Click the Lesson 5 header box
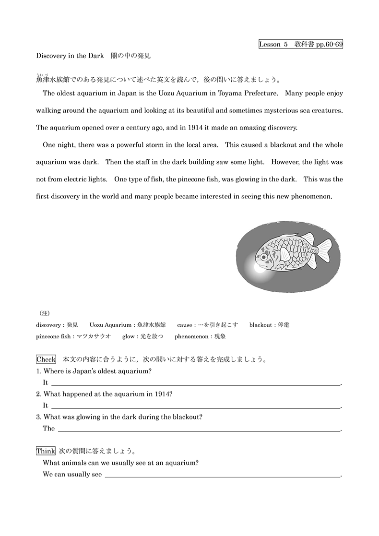300,44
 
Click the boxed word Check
46,359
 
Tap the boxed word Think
46,451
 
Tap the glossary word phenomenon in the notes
191,336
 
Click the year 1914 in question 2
157,394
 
